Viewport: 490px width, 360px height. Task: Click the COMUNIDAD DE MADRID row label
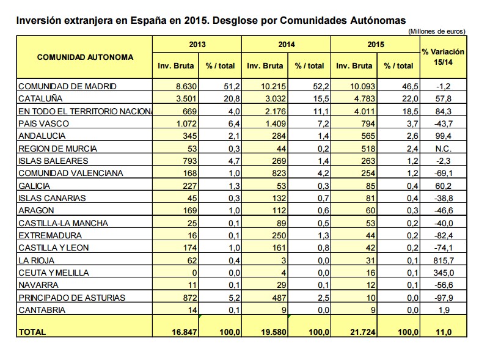(x=67, y=86)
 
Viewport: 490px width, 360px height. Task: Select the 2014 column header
(x=286, y=45)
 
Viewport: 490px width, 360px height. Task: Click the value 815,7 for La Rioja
(x=442, y=260)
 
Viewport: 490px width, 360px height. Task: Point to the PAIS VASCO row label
(x=43, y=123)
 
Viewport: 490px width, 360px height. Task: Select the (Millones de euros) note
(x=436, y=31)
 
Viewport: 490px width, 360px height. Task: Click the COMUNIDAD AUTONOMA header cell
(x=85, y=57)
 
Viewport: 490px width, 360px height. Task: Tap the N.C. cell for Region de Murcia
(x=442, y=149)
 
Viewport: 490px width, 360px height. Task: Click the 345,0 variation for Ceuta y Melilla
(x=442, y=273)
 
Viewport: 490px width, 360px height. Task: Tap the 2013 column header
(x=197, y=45)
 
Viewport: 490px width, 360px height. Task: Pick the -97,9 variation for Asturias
(x=442, y=298)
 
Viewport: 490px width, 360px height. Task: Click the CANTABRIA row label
(x=41, y=310)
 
